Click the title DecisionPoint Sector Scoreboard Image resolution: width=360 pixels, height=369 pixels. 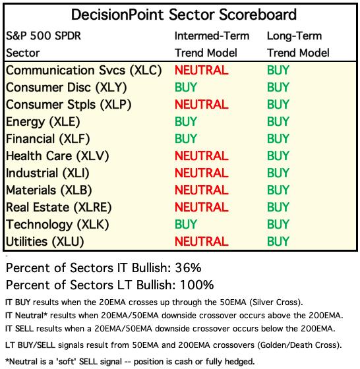tap(184, 14)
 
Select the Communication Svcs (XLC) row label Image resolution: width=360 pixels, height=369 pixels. tap(84, 71)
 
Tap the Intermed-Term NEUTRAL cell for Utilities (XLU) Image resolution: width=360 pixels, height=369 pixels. tap(202, 241)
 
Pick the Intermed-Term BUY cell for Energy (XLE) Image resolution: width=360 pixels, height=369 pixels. tap(186, 122)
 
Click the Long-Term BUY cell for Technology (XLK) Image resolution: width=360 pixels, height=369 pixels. tap(278, 224)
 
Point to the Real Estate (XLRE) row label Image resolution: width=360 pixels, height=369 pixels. tap(59, 208)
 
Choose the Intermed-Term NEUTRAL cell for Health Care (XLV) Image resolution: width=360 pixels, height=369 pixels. tap(202, 156)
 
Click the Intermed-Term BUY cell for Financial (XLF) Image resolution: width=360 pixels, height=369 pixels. tap(186, 138)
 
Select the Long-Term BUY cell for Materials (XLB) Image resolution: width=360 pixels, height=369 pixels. tap(278, 190)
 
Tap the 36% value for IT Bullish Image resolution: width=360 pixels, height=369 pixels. tap(188, 268)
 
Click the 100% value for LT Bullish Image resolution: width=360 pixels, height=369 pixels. tap(197, 285)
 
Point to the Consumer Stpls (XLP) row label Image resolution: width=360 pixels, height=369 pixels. tap(69, 105)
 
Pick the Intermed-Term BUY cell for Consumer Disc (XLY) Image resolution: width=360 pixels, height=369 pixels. tap(186, 87)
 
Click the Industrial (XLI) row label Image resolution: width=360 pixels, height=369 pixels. tap(47, 173)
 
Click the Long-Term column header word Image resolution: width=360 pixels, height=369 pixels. tap(294, 36)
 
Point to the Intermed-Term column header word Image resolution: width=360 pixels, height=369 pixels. tap(212, 36)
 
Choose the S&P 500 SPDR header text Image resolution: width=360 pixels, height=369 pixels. tap(44, 36)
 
